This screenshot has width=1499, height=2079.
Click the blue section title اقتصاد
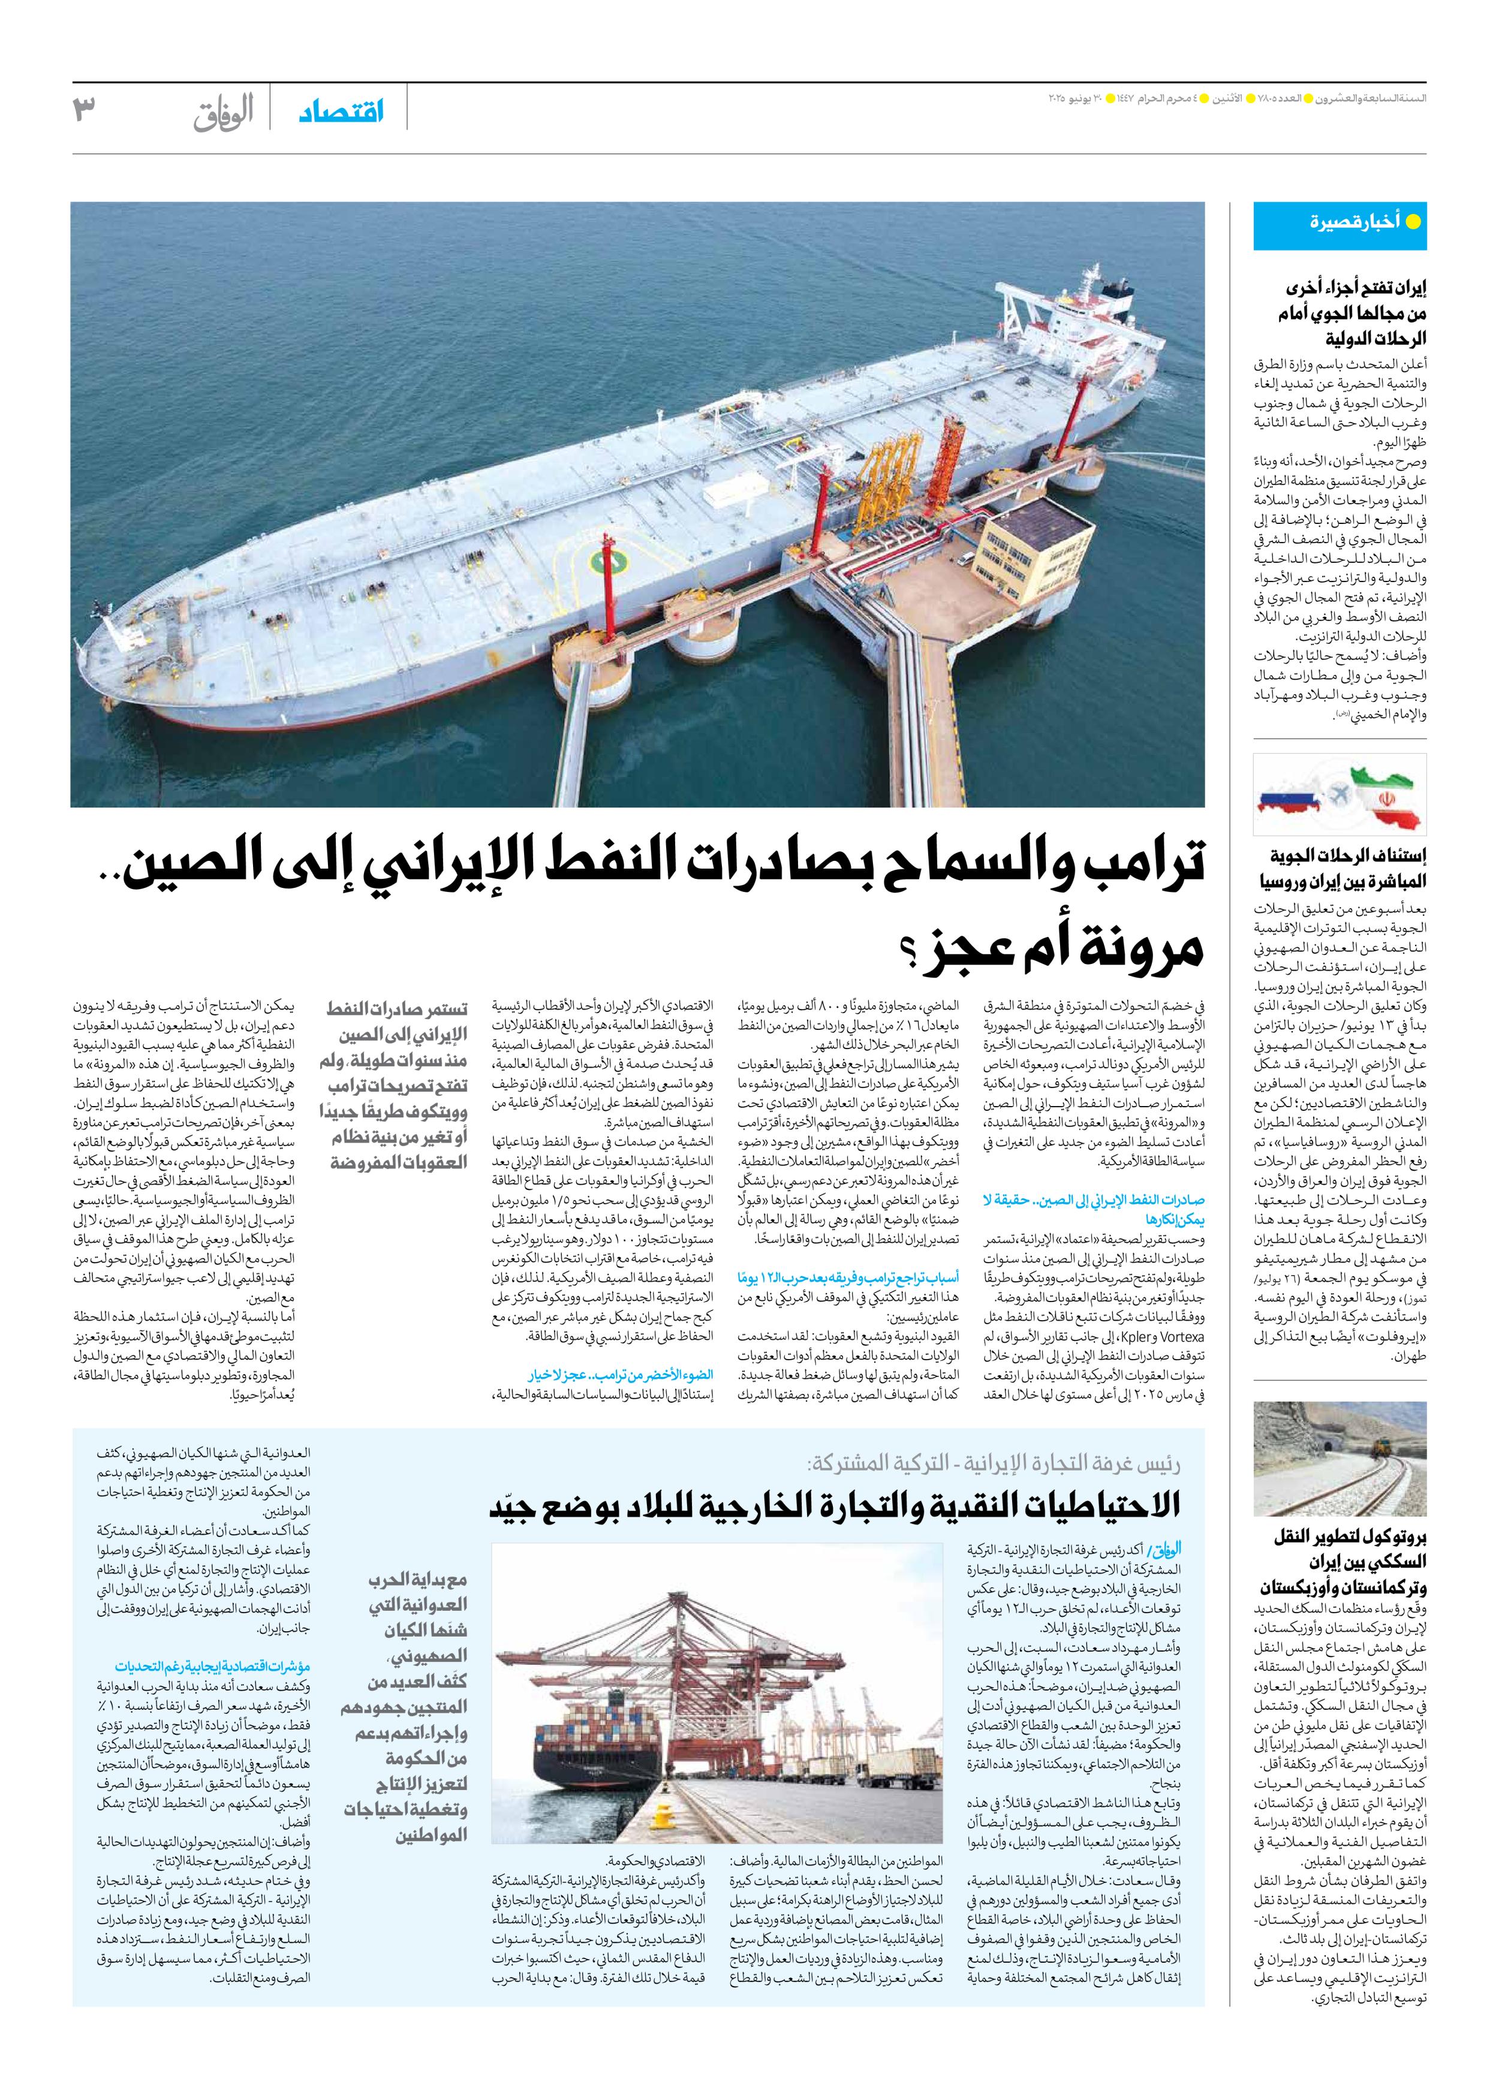[x=341, y=112]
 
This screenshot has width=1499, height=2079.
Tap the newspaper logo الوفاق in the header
[x=223, y=114]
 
